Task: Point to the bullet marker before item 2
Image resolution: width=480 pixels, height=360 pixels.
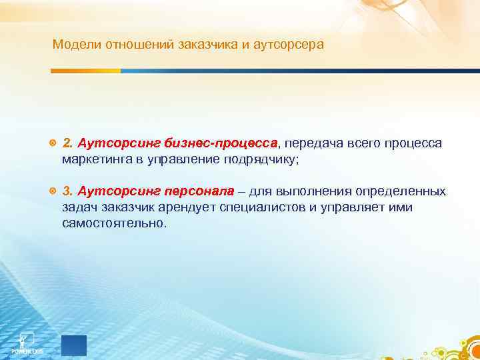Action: tap(53, 143)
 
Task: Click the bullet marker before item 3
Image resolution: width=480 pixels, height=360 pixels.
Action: tap(53, 191)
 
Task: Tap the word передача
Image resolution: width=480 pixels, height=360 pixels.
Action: tap(313, 143)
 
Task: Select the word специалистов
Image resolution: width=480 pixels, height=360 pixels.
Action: tap(235, 207)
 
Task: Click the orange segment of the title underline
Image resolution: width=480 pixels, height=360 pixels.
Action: tap(87, 71)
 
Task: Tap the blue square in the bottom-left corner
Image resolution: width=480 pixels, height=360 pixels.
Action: tap(73, 345)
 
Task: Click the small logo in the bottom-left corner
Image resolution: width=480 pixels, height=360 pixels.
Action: tap(27, 341)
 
